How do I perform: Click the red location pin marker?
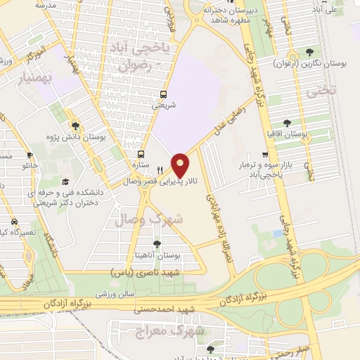tap(181, 165)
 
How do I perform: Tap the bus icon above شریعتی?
tap(164, 94)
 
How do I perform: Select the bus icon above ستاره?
tap(141, 154)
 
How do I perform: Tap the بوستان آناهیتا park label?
tap(156, 256)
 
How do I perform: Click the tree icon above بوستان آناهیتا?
tap(156, 244)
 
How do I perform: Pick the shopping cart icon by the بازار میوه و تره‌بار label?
tap(265, 155)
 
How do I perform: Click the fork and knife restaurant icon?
tap(160, 169)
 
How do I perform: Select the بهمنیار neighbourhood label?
tap(25, 75)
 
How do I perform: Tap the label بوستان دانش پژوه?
tap(73, 137)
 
